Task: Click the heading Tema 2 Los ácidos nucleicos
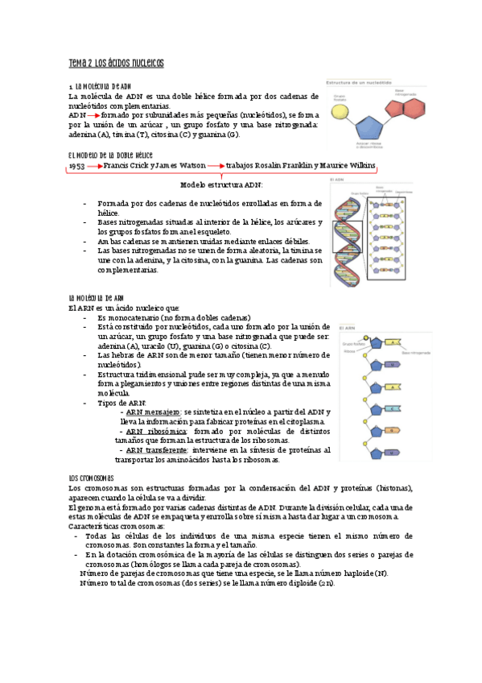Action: pos(117,63)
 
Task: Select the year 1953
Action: pos(77,165)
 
